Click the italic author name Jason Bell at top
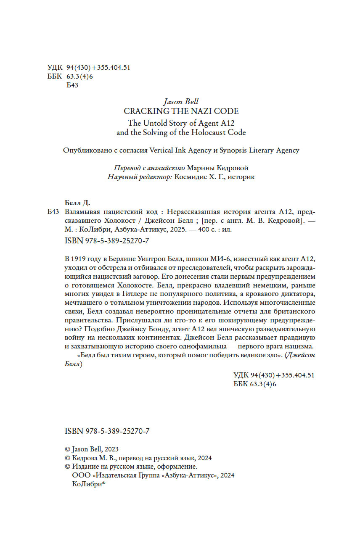(x=180, y=102)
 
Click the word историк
(x=241, y=177)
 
